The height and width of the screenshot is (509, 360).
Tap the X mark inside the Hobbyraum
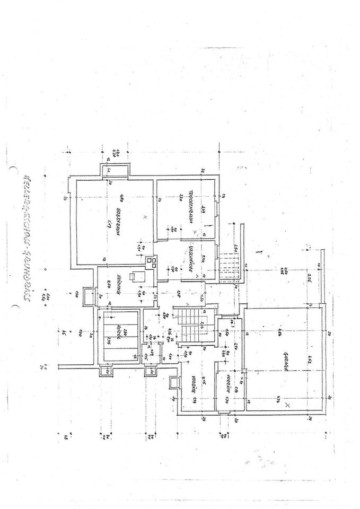144,217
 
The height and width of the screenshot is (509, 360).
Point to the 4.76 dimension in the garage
280,334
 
